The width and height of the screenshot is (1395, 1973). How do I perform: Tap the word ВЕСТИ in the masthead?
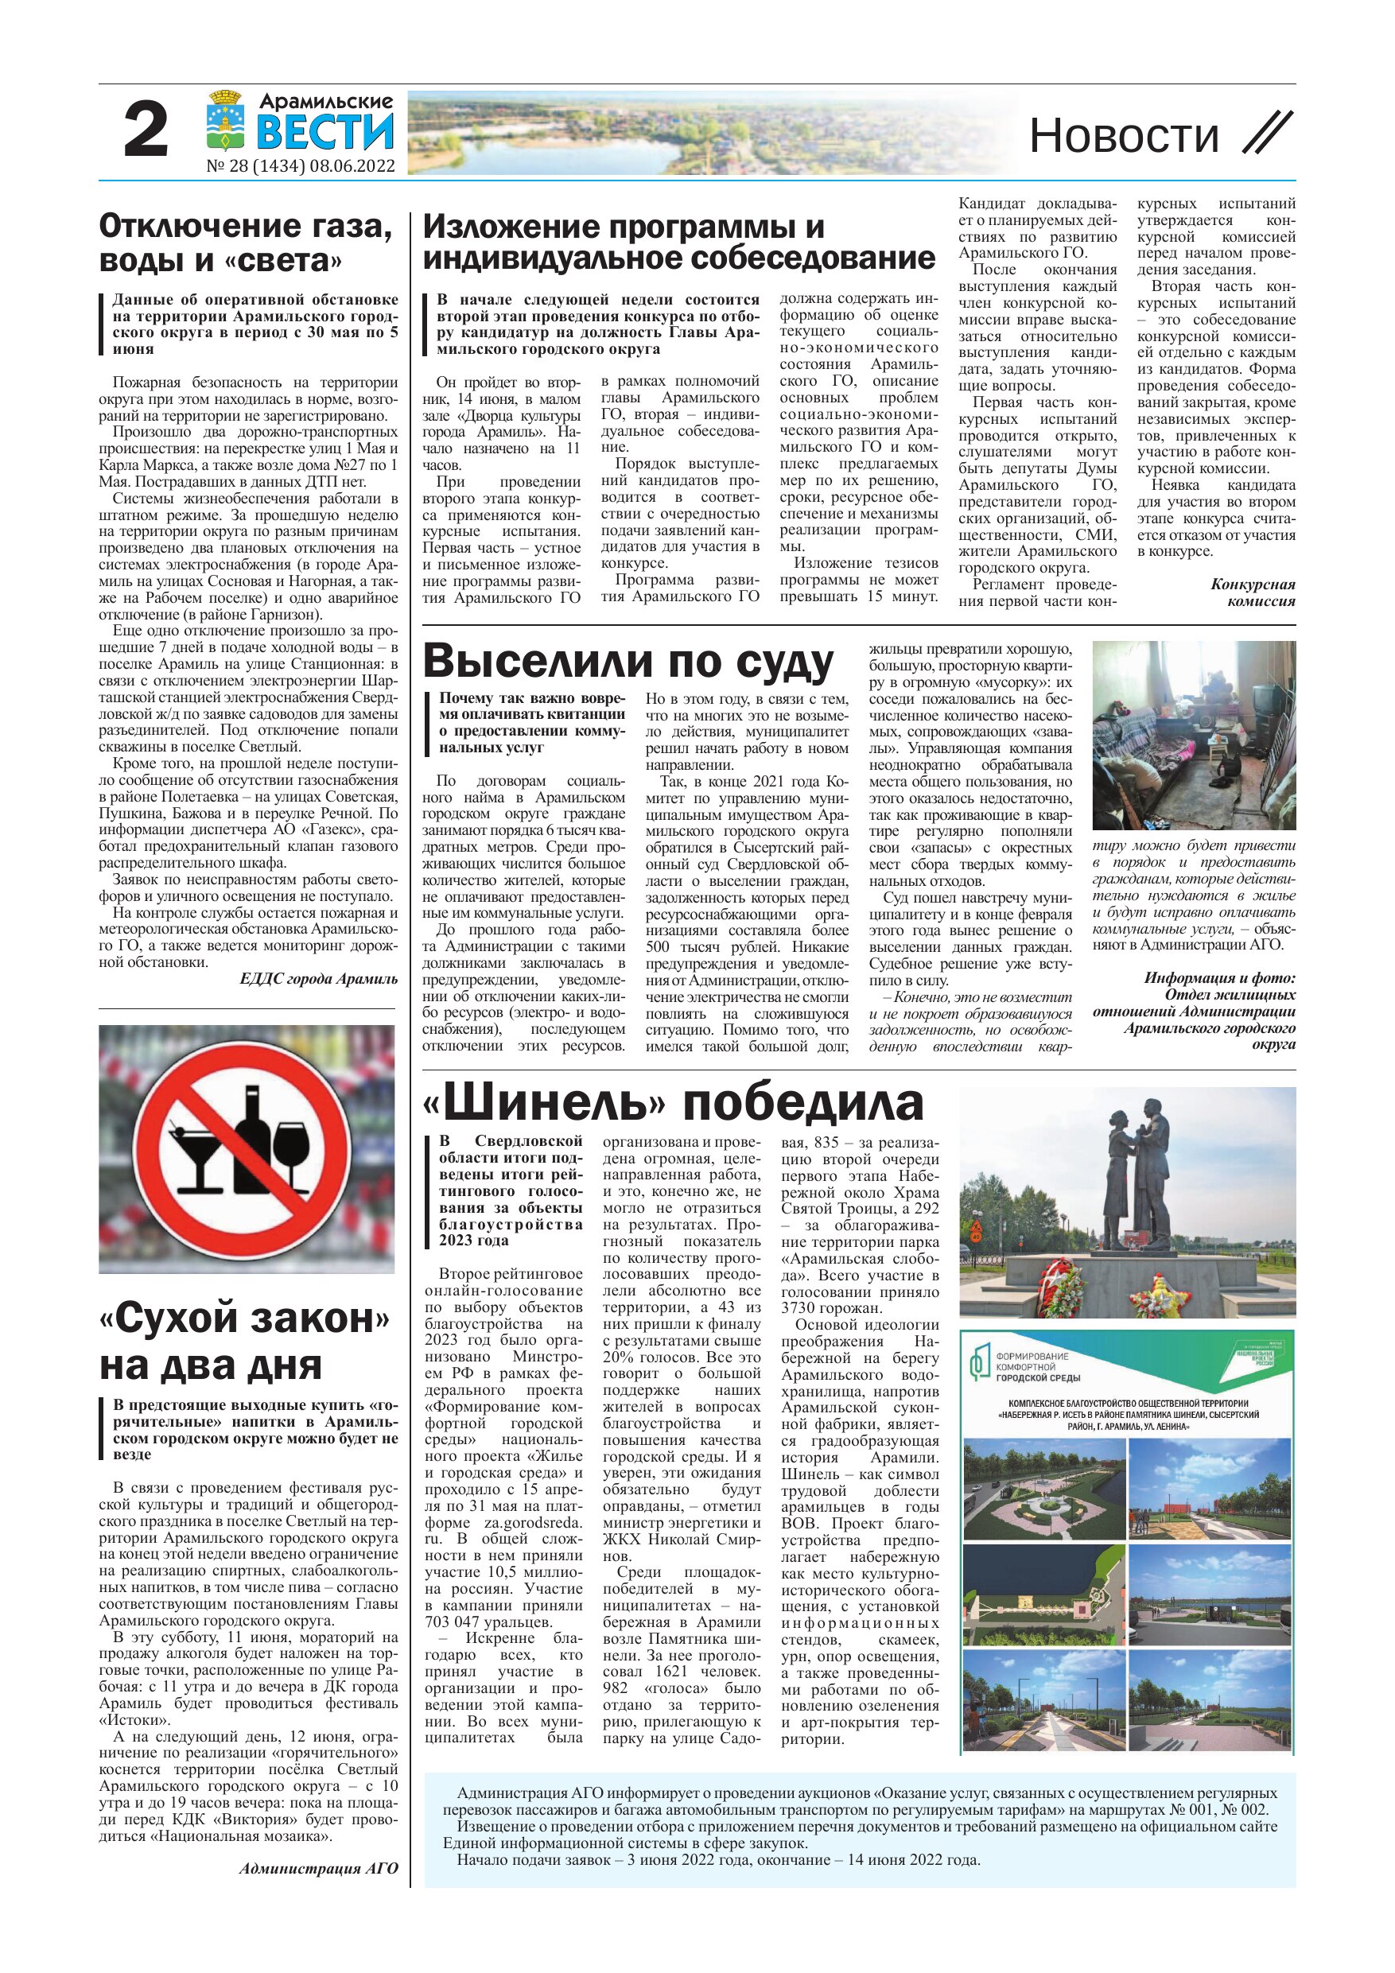[325, 133]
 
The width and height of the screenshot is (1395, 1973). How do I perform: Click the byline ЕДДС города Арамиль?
[319, 979]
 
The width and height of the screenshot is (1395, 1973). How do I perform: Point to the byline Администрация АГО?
[319, 1867]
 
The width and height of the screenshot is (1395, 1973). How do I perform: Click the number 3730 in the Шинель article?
[799, 1309]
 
